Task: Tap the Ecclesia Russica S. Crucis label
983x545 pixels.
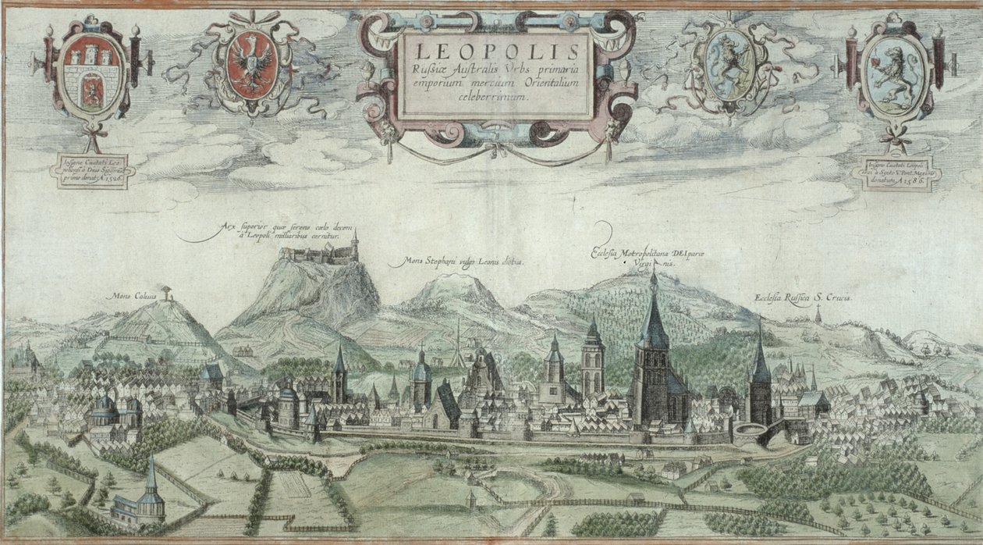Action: tap(804, 298)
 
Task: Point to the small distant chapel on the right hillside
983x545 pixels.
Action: tap(818, 315)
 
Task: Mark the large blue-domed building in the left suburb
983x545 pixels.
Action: tap(105, 410)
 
